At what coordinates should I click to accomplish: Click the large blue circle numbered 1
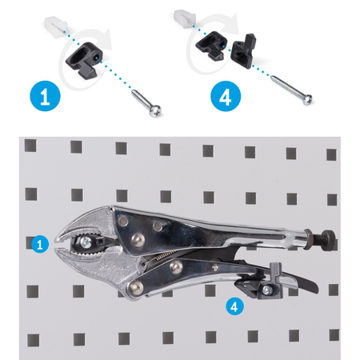click(45, 96)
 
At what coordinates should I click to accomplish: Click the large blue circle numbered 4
click(226, 96)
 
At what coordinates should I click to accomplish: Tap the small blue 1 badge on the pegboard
click(40, 244)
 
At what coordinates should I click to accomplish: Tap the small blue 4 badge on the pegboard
click(234, 306)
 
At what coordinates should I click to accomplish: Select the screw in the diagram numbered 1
click(147, 103)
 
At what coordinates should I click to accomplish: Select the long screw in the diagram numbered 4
click(292, 90)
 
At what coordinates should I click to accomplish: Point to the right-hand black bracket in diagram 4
click(243, 52)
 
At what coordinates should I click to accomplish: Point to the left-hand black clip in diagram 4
click(210, 45)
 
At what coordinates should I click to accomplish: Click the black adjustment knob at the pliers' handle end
click(329, 240)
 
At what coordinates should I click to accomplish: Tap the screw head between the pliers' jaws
click(86, 242)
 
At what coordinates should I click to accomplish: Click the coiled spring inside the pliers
click(156, 258)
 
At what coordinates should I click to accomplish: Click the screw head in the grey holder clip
click(267, 290)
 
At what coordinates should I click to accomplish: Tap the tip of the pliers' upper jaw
click(56, 238)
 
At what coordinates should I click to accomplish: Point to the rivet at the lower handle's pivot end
click(136, 288)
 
